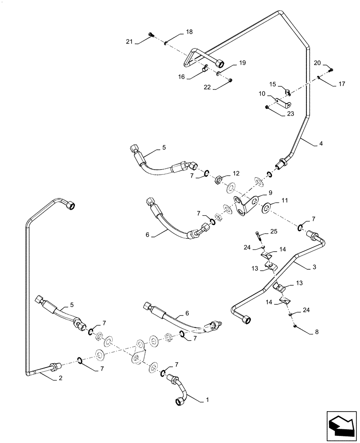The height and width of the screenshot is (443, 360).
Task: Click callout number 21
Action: pos(129,42)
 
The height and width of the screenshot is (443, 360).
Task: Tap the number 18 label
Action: pos(189,32)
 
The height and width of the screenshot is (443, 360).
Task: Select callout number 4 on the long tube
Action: pos(321,144)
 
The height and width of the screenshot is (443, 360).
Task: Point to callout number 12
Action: pos(236,173)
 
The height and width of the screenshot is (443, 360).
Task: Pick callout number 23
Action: pos(290,113)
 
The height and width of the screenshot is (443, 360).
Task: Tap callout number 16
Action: pos(181,77)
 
